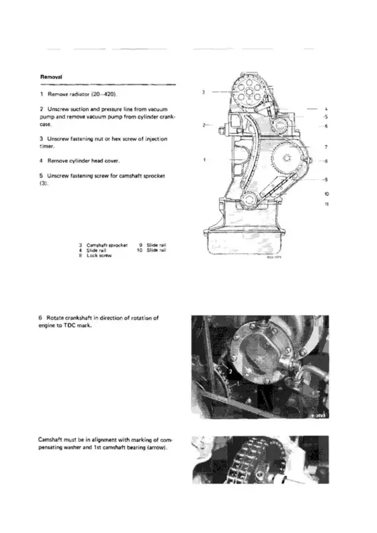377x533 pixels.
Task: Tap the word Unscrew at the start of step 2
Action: click(53, 109)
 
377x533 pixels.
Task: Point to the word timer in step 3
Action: click(46, 145)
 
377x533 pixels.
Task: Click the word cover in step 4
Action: click(114, 160)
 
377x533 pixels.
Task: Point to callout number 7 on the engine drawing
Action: click(326, 146)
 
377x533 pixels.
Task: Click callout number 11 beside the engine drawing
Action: click(326, 204)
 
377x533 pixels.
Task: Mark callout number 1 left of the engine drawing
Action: click(205, 160)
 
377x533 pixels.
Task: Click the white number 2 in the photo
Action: click(231, 373)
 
